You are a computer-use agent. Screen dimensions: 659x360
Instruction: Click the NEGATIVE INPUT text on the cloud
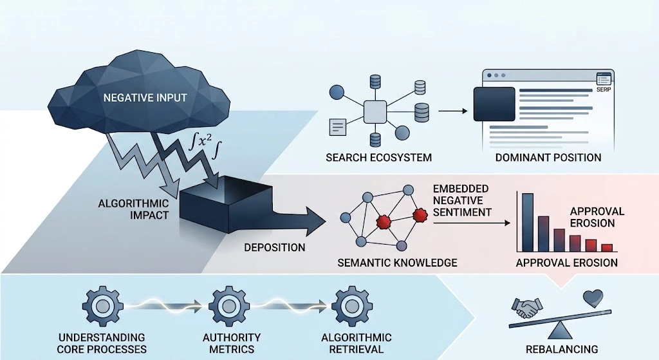point(145,98)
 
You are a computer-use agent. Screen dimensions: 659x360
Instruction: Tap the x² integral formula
point(205,145)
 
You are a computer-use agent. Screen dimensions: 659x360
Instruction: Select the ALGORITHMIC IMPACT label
point(133,209)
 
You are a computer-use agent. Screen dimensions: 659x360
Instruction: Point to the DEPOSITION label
point(275,247)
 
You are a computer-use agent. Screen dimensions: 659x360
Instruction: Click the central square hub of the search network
point(375,112)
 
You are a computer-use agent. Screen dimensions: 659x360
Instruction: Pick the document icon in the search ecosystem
point(337,127)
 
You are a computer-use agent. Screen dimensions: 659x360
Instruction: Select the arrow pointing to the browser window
point(452,111)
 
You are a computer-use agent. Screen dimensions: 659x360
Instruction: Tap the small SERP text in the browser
point(604,90)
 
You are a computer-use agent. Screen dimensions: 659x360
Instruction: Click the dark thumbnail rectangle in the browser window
point(494,104)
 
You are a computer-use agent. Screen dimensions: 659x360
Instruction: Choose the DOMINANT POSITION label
point(548,158)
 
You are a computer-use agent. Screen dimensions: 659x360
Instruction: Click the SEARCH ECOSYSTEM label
point(378,158)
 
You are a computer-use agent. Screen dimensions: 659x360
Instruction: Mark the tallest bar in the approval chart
point(528,222)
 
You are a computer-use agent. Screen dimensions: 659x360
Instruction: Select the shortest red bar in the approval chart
point(607,248)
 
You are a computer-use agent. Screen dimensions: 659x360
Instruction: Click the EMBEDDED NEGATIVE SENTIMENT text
point(462,200)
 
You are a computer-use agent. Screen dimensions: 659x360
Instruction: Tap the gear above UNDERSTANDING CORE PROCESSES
point(102,307)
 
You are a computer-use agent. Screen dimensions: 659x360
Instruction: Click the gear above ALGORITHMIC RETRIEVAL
point(352,307)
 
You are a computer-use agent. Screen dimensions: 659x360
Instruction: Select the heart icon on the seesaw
point(593,298)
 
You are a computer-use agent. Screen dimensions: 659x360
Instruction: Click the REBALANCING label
point(561,349)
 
